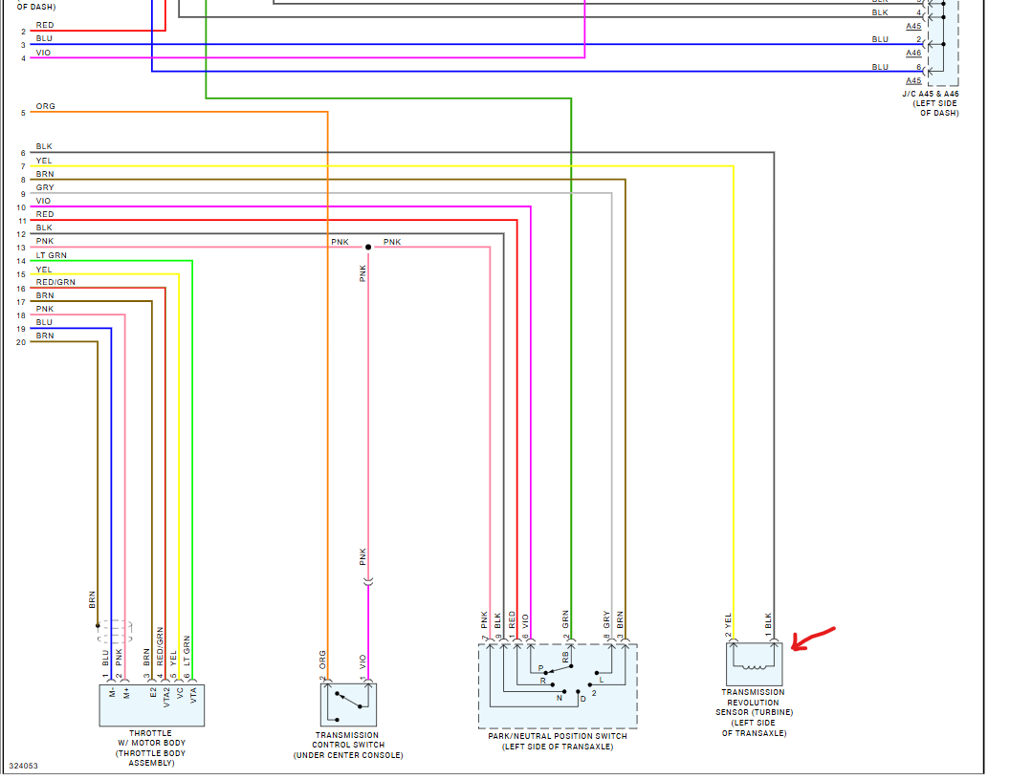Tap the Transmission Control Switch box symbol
click(348, 704)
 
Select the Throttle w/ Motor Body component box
click(152, 704)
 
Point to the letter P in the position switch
click(540, 668)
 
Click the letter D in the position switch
click(582, 699)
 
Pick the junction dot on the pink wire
click(368, 247)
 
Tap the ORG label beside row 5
click(45, 107)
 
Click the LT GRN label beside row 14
click(51, 255)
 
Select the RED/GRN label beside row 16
click(55, 282)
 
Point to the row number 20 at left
click(21, 342)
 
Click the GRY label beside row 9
click(45, 187)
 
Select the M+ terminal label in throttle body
click(125, 691)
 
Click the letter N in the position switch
click(560, 699)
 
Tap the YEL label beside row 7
click(44, 161)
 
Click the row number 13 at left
click(21, 249)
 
